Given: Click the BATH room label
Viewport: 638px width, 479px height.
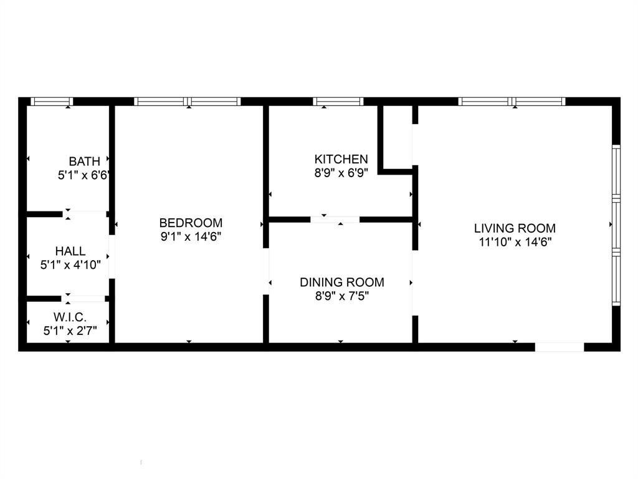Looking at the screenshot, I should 84,162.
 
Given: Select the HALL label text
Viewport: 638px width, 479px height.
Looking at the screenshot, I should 70,251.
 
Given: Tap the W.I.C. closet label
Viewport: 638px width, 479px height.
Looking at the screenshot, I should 70,317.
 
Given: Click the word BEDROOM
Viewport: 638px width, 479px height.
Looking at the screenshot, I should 191,223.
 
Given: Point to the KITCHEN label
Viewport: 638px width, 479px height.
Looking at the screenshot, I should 341,159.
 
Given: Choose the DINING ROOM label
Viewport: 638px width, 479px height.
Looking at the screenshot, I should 342,282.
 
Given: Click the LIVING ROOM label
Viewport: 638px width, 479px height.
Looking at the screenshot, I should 515,228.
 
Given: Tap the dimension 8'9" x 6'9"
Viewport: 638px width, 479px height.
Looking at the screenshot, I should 341,173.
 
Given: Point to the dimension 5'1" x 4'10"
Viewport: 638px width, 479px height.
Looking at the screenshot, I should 70,265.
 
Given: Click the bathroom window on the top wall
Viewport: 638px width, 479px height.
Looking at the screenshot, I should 52,102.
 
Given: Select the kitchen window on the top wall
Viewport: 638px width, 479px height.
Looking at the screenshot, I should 338,102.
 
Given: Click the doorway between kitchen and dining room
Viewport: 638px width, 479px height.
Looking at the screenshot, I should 335,220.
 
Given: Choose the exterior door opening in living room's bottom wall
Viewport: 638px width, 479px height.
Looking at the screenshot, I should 559,347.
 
